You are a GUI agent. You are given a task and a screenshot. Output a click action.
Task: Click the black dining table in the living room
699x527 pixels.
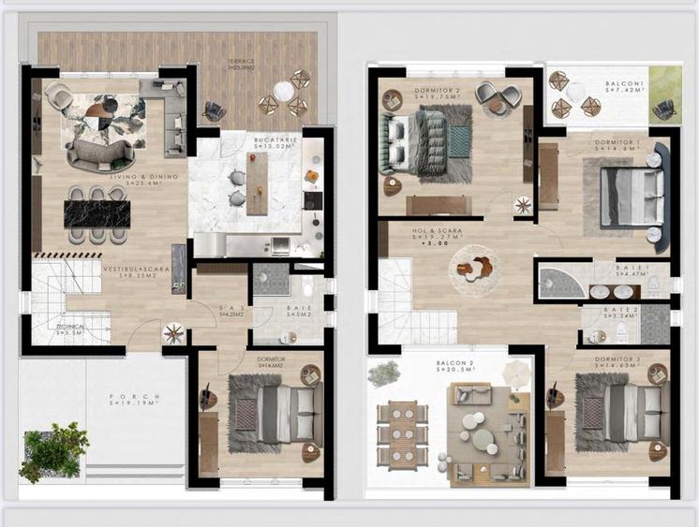tap(97, 213)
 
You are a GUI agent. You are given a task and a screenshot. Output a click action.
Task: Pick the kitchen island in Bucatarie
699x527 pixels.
tap(257, 182)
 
